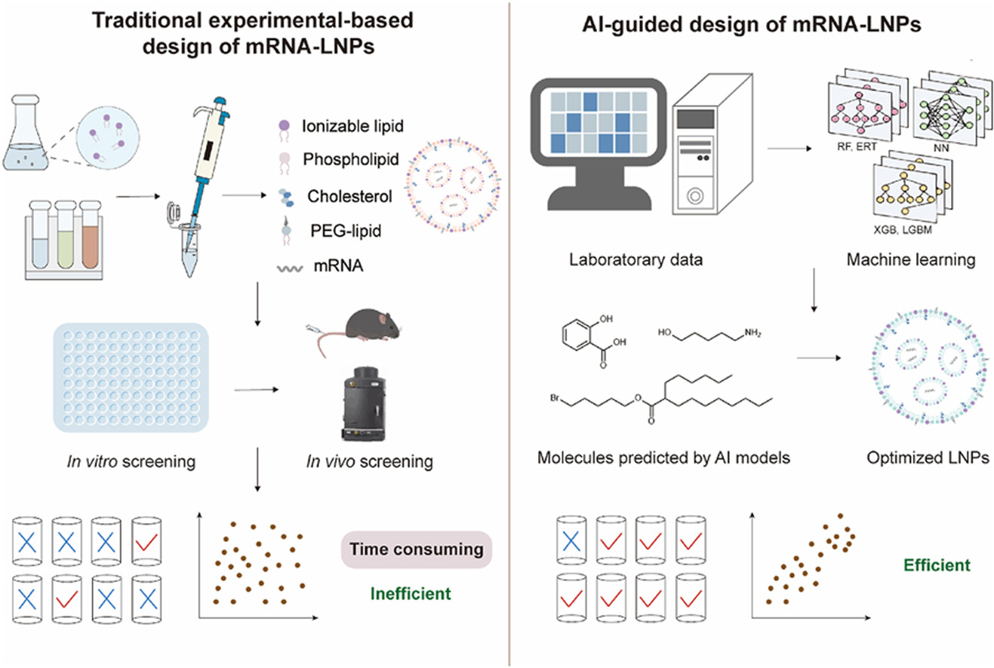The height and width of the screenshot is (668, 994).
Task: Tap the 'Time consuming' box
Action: click(x=417, y=549)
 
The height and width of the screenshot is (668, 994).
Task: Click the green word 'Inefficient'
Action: click(x=411, y=593)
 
